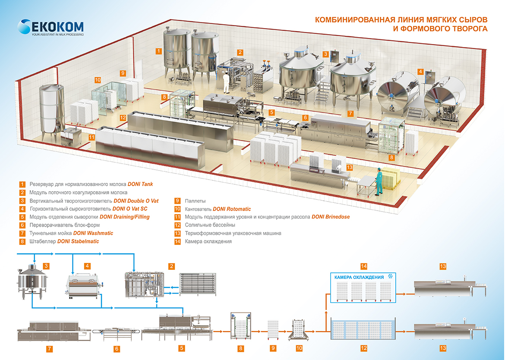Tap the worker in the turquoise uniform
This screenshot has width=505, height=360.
(379, 182)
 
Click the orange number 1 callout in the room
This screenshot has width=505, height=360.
(159, 51)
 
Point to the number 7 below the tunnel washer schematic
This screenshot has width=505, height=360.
(49, 348)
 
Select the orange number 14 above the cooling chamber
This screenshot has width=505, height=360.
(363, 266)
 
